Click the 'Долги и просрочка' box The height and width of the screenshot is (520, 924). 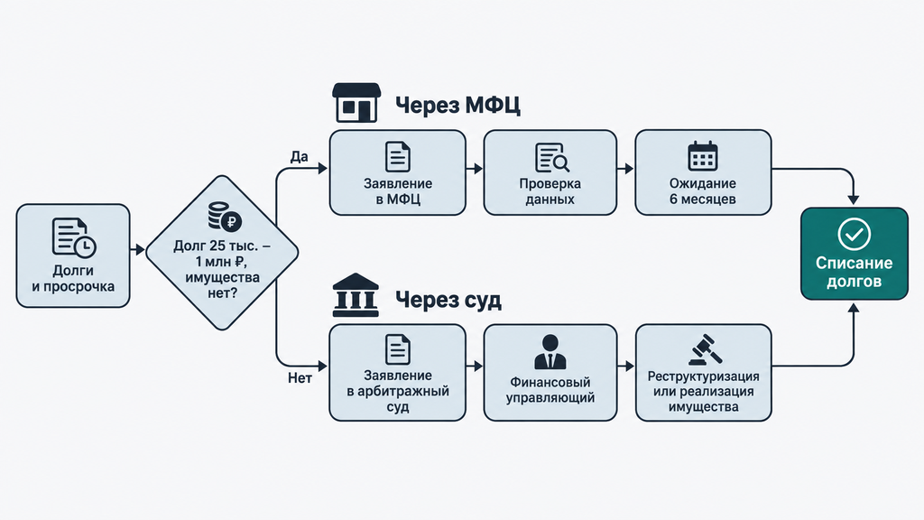click(x=73, y=255)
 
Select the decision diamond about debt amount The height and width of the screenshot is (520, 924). click(x=222, y=253)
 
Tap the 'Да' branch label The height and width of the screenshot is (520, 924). click(x=299, y=157)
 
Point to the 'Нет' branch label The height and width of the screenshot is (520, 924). click(x=300, y=378)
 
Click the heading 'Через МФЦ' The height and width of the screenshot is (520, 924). click(x=457, y=106)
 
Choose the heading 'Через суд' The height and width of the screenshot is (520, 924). click(x=448, y=300)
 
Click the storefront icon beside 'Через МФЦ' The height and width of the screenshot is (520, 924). click(x=356, y=103)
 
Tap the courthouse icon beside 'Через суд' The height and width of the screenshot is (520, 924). click(x=356, y=295)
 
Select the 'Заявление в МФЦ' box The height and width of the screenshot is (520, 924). click(x=398, y=172)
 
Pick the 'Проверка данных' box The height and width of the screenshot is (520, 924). click(x=550, y=172)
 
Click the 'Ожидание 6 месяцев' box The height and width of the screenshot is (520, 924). click(x=703, y=172)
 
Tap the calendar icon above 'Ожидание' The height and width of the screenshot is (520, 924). click(x=702, y=156)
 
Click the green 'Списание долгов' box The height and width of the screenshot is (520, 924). click(x=854, y=254)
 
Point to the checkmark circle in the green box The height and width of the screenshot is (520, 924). click(x=854, y=234)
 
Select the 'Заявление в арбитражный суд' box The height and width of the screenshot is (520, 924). click(x=398, y=373)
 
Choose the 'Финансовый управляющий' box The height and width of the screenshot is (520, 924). click(x=550, y=373)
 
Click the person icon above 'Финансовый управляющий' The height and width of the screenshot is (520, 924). click(x=550, y=352)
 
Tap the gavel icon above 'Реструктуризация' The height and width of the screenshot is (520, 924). click(x=706, y=350)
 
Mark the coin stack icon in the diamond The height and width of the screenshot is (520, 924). click(x=225, y=217)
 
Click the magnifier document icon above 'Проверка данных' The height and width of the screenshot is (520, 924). click(x=552, y=157)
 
